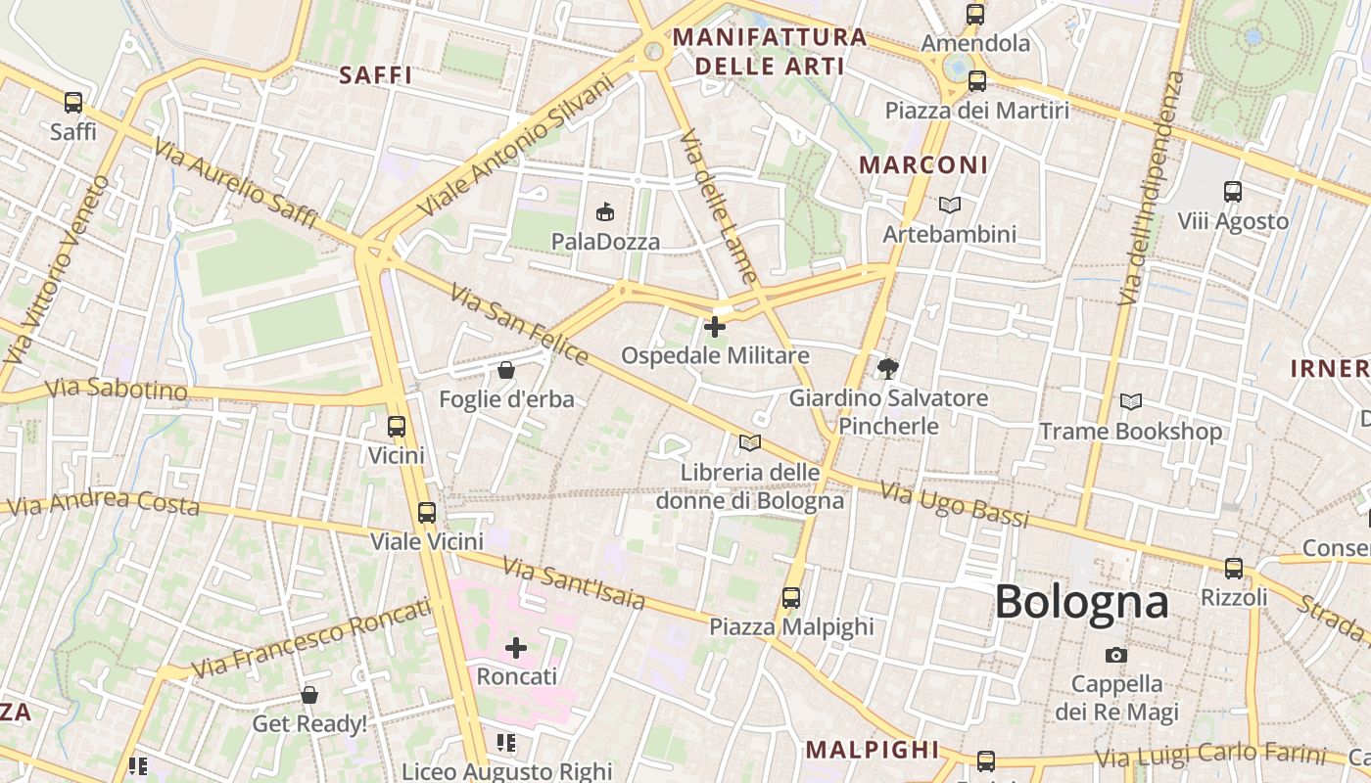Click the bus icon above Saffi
73,102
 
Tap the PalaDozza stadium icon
605,210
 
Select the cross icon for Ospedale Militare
716,326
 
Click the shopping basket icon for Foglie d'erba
506,370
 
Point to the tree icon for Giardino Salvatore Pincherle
888,369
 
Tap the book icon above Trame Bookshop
1131,401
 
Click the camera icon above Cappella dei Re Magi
1115,655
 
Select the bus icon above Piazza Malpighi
791,597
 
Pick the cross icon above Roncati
516,647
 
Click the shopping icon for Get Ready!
309,695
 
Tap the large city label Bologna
1082,602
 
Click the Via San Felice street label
519,324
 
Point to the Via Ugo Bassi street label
954,504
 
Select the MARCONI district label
923,165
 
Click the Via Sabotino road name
116,389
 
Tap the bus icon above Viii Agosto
1233,192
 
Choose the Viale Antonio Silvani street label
514,147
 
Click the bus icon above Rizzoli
1234,568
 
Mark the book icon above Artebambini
950,205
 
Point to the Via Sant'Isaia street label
574,582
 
